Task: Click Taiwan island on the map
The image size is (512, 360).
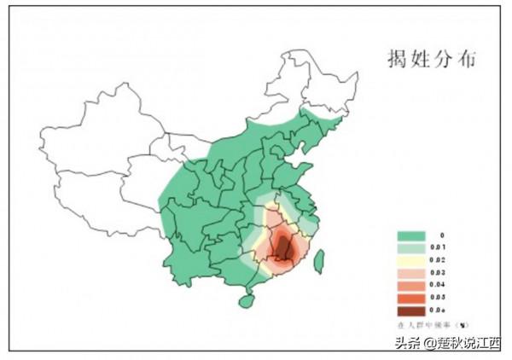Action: pos(319,260)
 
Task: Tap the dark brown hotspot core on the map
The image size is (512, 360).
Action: pos(282,248)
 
